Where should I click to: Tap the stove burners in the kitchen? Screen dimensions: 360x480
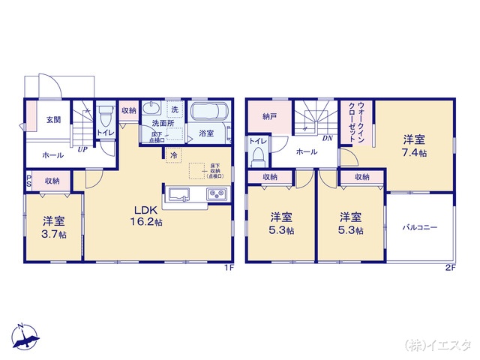[x=217, y=195]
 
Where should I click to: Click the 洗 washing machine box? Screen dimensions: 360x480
[x=174, y=109]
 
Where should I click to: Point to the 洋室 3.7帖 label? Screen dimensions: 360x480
[x=53, y=226]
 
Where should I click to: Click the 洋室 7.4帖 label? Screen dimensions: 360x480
[x=414, y=145]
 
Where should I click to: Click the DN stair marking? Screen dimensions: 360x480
[x=328, y=139]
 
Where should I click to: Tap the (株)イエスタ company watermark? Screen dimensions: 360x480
[x=438, y=346]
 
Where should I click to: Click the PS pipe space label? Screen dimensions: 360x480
[x=28, y=181]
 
